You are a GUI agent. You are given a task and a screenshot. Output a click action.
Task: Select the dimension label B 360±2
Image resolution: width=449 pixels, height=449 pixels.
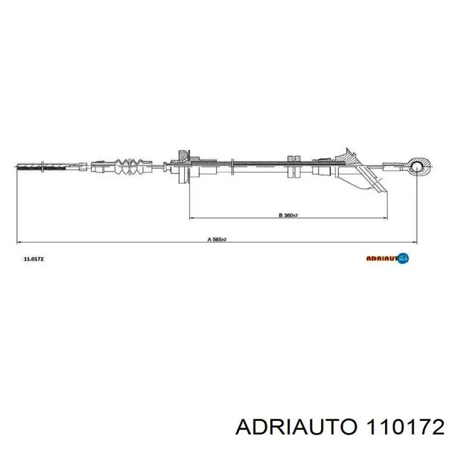pos(288,215)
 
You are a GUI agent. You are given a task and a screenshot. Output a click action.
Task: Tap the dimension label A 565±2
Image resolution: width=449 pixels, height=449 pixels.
pos(217,240)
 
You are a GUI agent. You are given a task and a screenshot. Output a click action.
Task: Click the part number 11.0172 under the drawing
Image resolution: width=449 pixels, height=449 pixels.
pos(34,259)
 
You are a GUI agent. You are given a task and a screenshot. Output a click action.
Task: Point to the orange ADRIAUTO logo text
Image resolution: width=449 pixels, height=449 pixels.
pos(382,259)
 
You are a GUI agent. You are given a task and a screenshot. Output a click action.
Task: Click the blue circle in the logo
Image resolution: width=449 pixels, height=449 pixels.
pos(403,258)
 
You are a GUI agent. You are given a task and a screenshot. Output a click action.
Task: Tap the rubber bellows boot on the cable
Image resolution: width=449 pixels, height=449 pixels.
pos(133,166)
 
